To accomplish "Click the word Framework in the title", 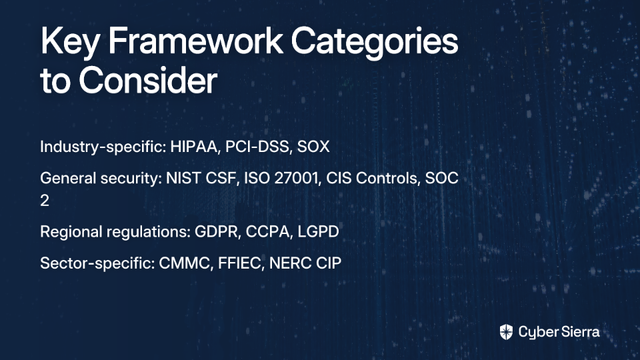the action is point(195,41).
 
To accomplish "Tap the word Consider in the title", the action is point(148,80).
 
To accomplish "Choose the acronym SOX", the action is point(313,147).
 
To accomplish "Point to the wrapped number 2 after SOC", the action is point(45,201).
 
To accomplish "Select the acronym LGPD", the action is point(318,231).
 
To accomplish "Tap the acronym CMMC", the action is point(186,263).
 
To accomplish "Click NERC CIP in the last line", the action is point(305,263).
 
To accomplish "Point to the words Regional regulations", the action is point(115,232).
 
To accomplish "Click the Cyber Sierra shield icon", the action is point(506,332).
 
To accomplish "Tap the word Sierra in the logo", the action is point(579,332).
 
